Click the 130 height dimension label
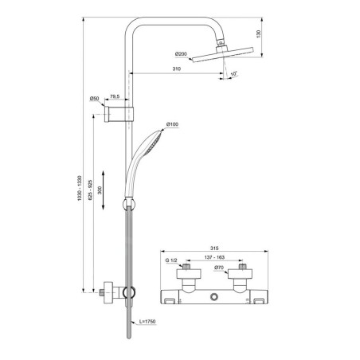click(259, 34)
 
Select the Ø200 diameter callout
click(181, 54)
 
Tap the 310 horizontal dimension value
click(177, 68)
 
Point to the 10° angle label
click(233, 73)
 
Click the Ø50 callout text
click(94, 99)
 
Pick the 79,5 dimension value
click(115, 97)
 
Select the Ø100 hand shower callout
click(172, 124)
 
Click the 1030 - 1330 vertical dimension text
click(80, 188)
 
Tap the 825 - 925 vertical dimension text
click(90, 190)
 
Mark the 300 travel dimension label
click(100, 190)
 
